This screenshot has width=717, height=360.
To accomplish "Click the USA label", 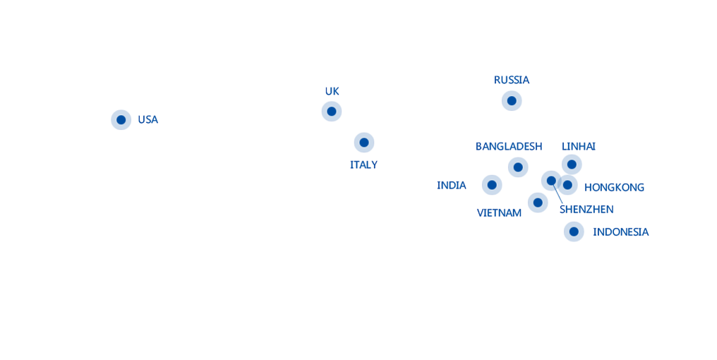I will (147, 120).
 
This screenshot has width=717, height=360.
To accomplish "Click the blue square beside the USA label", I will (121, 120).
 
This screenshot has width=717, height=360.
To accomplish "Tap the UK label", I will (332, 92).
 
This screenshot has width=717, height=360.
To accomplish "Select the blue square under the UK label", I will (332, 112).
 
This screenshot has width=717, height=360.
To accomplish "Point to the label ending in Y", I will (364, 165).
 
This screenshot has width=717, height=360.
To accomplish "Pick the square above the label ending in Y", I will (364, 143).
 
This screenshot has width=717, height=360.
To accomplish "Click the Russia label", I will (512, 80).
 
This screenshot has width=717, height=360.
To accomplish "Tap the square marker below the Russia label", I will (512, 101).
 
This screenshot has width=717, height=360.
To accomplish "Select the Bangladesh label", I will (509, 147).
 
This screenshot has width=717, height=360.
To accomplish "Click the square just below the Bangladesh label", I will (518, 167).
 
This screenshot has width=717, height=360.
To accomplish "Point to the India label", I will (452, 186).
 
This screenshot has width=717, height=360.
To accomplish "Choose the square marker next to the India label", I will (492, 185).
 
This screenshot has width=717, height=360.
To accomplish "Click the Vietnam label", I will (498, 213).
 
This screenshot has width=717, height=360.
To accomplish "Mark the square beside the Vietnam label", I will (538, 203).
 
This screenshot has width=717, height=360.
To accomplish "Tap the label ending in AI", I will (579, 147).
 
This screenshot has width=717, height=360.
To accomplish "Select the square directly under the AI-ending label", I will (572, 164).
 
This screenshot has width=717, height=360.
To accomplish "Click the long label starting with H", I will (614, 188).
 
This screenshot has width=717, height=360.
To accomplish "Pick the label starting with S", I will (586, 210).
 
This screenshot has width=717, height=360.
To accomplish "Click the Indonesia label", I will (621, 232).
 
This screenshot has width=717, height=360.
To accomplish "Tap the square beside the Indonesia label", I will (574, 232).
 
